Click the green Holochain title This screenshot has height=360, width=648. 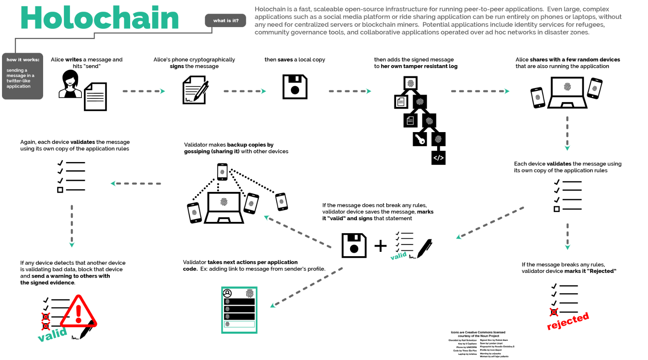(x=99, y=18)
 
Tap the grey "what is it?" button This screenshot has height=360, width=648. (x=226, y=21)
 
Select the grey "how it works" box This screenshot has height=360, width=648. (x=22, y=76)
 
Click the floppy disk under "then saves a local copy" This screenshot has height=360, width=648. (x=295, y=87)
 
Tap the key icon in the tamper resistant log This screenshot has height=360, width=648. (x=420, y=139)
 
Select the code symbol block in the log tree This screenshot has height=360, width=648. (x=438, y=158)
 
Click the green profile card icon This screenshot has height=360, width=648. (x=239, y=310)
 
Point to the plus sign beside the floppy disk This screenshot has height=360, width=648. (x=380, y=246)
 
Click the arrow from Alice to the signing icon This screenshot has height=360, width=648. (x=144, y=91)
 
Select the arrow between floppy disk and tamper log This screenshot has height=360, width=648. (x=350, y=91)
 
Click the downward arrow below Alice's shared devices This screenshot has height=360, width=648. (x=567, y=133)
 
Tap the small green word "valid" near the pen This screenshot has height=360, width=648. (x=398, y=256)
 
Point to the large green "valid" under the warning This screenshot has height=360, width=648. (x=52, y=334)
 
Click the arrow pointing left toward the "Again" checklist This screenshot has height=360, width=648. (x=136, y=184)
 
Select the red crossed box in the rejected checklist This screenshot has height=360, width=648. (x=554, y=312)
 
